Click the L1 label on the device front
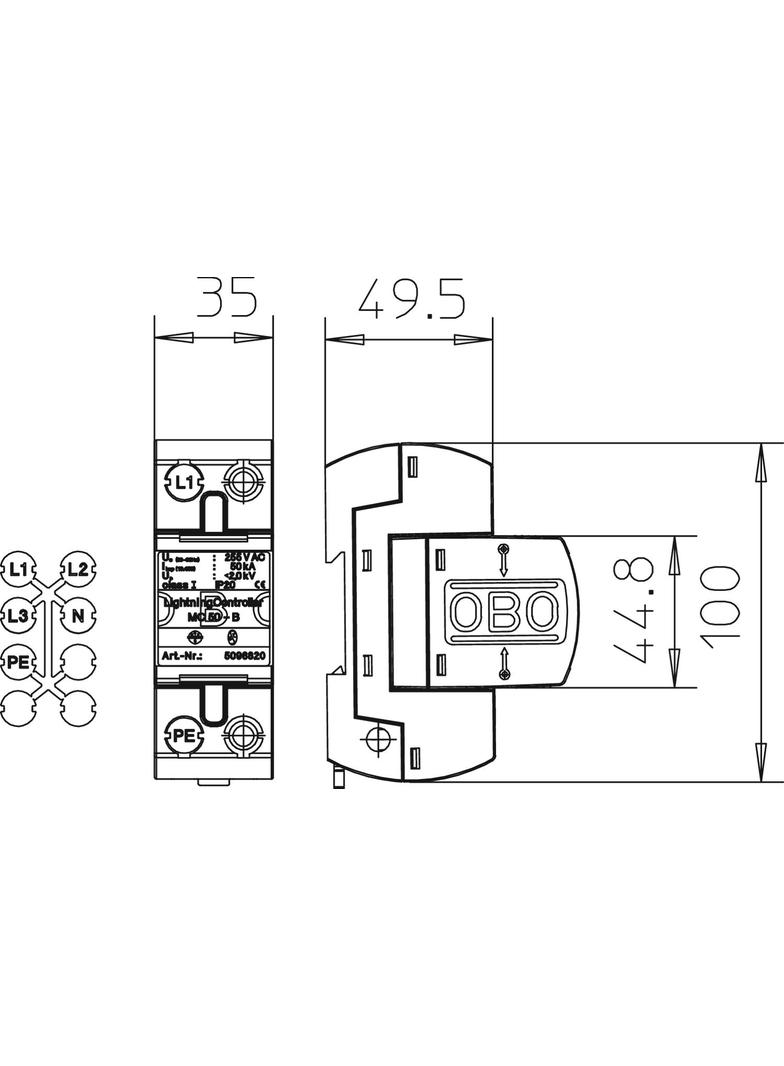pos(182,483)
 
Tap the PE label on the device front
pos(182,735)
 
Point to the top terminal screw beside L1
pos(243,481)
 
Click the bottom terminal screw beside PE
pos(243,736)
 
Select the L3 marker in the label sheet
pos(17,614)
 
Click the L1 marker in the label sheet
pos(17,569)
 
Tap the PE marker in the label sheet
pos(17,660)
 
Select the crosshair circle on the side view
pos(377,740)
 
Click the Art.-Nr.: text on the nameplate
pos(182,657)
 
